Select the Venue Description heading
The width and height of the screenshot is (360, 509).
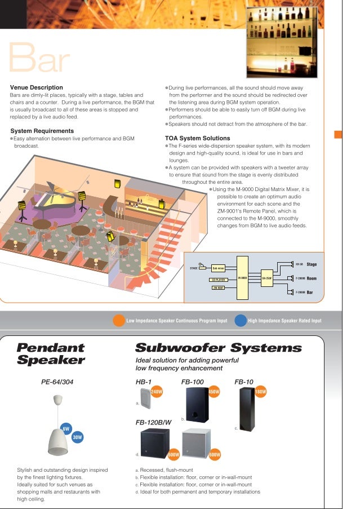[x=37, y=87]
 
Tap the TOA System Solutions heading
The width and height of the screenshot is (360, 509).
[x=197, y=138]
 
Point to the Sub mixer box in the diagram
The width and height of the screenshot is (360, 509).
[x=218, y=268]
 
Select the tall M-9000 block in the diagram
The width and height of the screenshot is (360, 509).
[x=243, y=277]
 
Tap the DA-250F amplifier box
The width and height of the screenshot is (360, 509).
[x=267, y=278]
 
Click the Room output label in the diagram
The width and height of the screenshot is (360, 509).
[x=312, y=278]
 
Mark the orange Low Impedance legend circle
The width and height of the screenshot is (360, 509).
[x=119, y=320]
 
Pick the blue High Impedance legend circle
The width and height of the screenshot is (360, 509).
[x=241, y=320]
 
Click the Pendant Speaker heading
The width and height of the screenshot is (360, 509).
[x=51, y=353]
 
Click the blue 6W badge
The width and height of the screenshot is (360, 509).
[x=66, y=428]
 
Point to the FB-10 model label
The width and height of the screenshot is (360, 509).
[x=244, y=382]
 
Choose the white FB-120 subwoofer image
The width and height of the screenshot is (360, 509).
[x=195, y=442]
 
